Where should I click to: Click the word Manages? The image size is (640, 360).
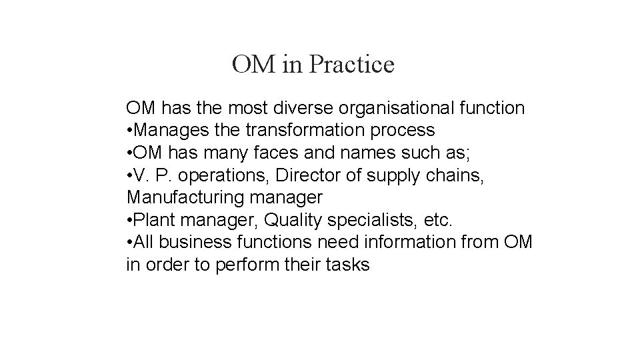click(x=165, y=129)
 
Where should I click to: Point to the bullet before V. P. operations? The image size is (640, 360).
click(x=129, y=175)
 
